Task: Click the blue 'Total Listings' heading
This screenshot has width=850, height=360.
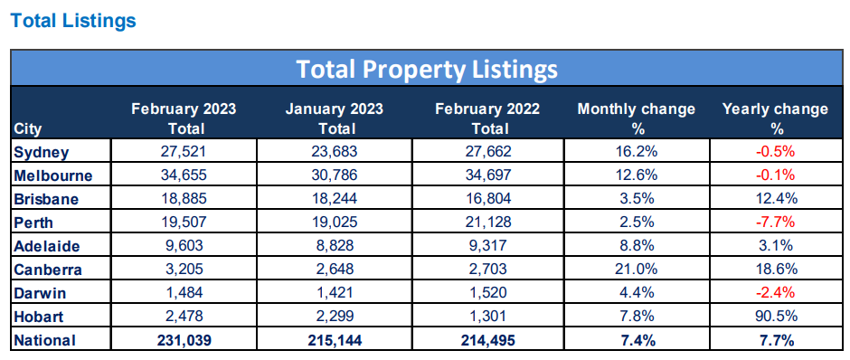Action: (x=73, y=20)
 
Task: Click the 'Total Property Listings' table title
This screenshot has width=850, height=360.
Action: (x=427, y=69)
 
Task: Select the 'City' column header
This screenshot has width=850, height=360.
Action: (x=29, y=128)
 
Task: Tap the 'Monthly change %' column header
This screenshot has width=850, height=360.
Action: (x=637, y=118)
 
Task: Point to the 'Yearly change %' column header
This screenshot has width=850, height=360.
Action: (x=775, y=118)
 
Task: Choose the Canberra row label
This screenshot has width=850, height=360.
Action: (x=48, y=269)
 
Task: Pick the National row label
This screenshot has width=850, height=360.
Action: (x=46, y=340)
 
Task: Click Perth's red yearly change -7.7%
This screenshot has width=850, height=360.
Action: (x=775, y=222)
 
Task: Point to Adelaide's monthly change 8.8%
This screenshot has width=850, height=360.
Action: (x=637, y=245)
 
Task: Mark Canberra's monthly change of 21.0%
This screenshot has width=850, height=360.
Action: (x=637, y=269)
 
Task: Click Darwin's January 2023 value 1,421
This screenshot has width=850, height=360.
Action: (x=334, y=293)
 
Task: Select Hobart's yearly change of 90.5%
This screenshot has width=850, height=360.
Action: (x=775, y=317)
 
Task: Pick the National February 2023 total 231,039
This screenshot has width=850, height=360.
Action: (x=184, y=340)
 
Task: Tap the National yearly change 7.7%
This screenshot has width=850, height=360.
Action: (x=775, y=340)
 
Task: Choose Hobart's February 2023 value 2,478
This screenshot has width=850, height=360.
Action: (x=184, y=317)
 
